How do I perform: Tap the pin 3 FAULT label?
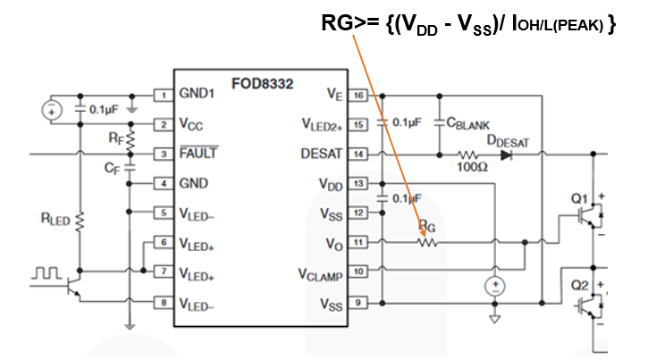tap(198, 154)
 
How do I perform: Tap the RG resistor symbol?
tap(427, 241)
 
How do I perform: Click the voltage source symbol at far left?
tap(51, 110)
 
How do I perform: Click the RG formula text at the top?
tap(468, 24)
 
